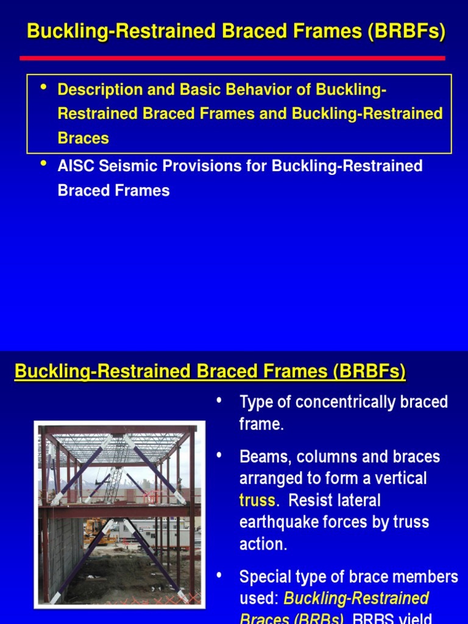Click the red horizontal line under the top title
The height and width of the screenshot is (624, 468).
[x=232, y=58]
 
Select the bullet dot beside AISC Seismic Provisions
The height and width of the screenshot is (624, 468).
[x=43, y=164]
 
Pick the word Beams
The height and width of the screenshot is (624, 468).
[x=265, y=457]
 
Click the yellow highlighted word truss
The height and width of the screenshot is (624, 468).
[x=257, y=501]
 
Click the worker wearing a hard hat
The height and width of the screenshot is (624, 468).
[x=179, y=486]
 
